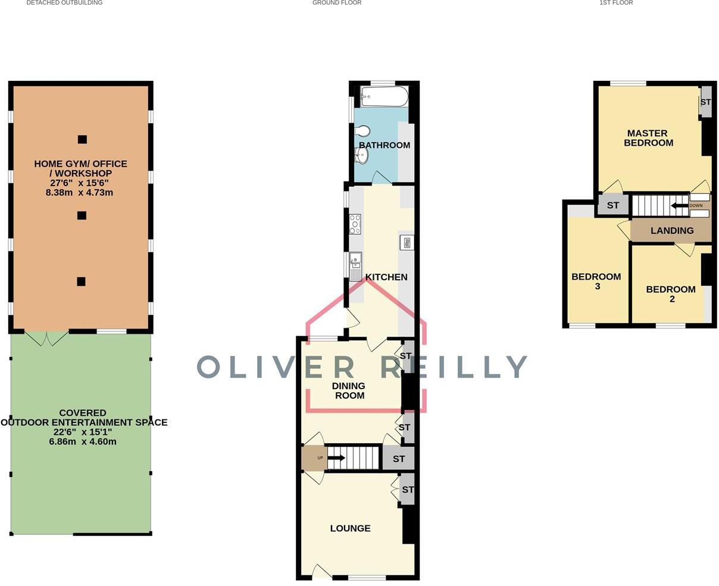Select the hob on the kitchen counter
pos(355,224)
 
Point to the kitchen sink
pos(355,262)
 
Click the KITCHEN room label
pos(386,277)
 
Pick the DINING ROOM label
pos(349,391)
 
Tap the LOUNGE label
pos(350,528)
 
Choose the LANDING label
pos(672,231)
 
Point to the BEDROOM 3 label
pos(596,281)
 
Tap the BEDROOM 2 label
pos(671,294)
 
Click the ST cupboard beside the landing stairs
pos(612,206)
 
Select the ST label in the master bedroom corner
pos(705,102)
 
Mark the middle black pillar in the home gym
pos(82,215)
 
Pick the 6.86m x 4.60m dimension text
pos(83,441)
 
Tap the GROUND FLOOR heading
pos(337,3)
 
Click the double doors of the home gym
pos(48,338)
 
